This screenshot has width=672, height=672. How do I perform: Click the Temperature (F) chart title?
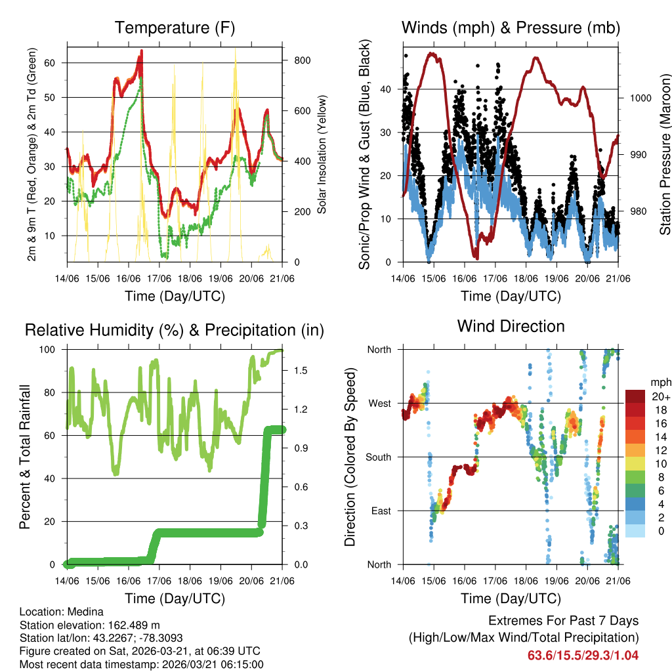click(174, 28)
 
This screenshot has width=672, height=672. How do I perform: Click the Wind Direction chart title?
click(511, 326)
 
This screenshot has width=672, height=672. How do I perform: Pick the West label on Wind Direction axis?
click(379, 403)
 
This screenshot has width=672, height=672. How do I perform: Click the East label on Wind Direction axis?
click(381, 511)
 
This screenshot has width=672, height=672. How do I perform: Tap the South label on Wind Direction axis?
click(378, 457)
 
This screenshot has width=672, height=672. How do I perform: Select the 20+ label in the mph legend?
click(659, 396)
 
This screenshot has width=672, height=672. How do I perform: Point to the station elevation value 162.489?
click(127, 625)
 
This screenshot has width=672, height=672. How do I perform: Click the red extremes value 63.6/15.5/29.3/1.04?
click(583, 655)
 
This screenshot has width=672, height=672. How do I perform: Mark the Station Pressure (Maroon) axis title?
click(665, 154)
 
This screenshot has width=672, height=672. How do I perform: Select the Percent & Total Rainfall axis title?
click(25, 457)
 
